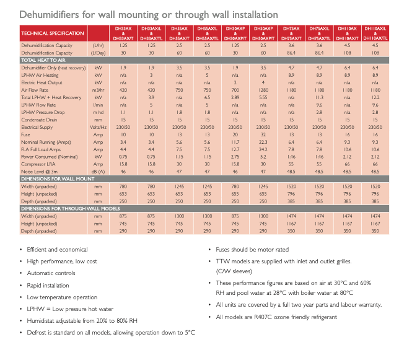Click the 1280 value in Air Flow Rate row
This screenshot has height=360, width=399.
263,89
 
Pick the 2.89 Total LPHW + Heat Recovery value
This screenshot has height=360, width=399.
235,97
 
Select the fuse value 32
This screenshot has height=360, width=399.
263,133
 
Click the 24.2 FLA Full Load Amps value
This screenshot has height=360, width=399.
263,149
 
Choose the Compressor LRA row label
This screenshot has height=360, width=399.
38,164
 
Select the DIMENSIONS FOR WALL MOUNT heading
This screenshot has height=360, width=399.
56,179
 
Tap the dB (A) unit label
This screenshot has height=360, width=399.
98,171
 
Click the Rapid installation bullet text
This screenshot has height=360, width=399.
48,286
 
